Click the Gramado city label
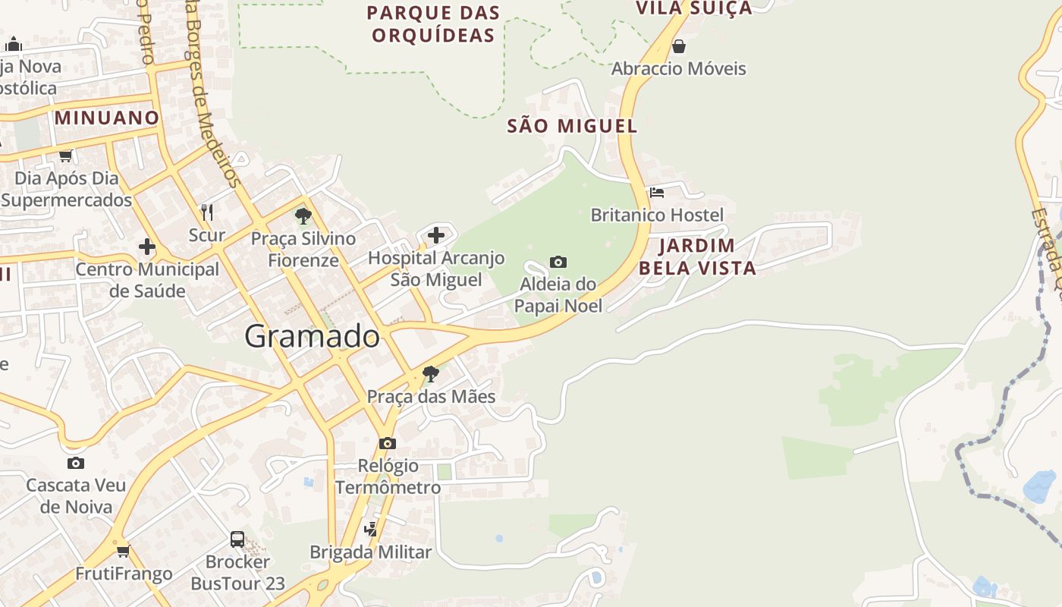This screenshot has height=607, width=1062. pyautogui.click(x=312, y=336)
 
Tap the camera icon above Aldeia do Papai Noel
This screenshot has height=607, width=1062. pyautogui.click(x=558, y=262)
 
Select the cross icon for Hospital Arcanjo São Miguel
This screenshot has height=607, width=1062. pyautogui.click(x=436, y=235)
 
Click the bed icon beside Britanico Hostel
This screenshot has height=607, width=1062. pyautogui.click(x=657, y=193)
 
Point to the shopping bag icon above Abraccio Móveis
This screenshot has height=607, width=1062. pyautogui.click(x=679, y=46)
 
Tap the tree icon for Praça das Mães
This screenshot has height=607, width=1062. pyautogui.click(x=430, y=374)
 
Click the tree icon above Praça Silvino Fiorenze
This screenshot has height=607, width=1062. pyautogui.click(x=303, y=216)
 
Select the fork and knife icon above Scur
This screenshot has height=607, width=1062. pyautogui.click(x=207, y=212)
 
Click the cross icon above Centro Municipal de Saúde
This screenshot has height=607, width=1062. pyautogui.click(x=147, y=247)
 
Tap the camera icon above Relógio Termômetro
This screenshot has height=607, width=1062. pyautogui.click(x=388, y=443)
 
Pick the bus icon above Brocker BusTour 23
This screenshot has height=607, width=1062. pyautogui.click(x=237, y=539)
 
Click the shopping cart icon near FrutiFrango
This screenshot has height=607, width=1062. pyautogui.click(x=123, y=551)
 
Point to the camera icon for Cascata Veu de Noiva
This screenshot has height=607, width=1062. pyautogui.click(x=75, y=463)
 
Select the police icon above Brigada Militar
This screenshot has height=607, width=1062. pyautogui.click(x=371, y=529)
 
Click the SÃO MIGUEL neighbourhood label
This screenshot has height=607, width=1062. pyautogui.click(x=572, y=126)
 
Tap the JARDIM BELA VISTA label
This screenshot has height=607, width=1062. pyautogui.click(x=697, y=256)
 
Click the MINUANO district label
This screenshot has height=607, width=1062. pyautogui.click(x=106, y=118)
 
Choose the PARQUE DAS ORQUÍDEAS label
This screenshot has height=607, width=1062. pyautogui.click(x=433, y=24)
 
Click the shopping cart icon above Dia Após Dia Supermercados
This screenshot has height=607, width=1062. pyautogui.click(x=65, y=156)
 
